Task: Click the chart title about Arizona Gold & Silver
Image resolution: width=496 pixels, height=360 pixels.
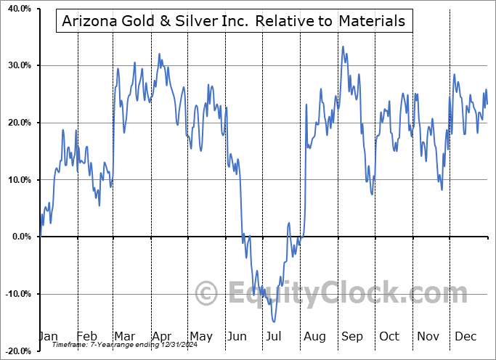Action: point(235,20)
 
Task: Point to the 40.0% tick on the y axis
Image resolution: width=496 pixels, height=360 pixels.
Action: point(20,9)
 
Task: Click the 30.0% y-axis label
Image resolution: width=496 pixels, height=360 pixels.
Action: point(20,66)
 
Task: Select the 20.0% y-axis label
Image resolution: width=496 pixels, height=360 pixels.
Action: point(20,123)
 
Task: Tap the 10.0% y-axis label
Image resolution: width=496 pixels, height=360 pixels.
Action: point(20,180)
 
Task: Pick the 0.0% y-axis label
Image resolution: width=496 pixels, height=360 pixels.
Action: point(22,237)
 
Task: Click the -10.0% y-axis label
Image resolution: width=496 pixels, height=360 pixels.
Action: point(18,294)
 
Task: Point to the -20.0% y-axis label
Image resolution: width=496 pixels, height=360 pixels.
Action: point(18,351)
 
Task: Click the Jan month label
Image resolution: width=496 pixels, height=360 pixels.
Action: point(48,337)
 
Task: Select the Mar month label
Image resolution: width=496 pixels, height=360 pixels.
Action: point(124,337)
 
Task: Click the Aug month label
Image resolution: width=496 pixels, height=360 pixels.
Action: point(314,337)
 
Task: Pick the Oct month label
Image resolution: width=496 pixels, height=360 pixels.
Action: point(389,337)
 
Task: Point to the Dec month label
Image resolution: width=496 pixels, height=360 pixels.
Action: point(465,337)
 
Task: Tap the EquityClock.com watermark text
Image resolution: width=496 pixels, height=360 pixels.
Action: point(338,294)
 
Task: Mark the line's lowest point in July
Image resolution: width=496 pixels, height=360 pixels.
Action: point(274,322)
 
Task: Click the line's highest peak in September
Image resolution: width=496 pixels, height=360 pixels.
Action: point(343,47)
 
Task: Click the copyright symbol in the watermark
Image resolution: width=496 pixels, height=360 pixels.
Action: point(207,294)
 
